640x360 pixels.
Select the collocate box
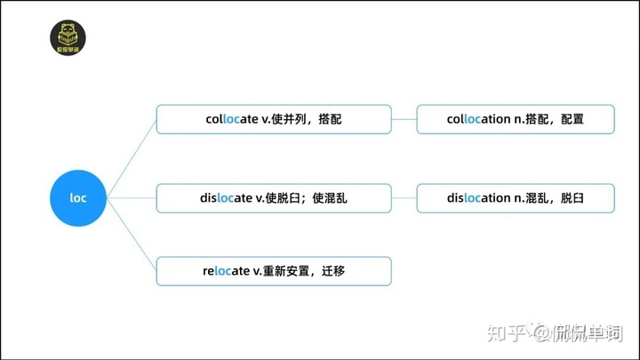274,119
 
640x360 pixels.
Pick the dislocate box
274,197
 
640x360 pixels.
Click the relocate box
274,271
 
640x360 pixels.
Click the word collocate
232,119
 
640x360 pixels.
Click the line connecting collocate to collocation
404,119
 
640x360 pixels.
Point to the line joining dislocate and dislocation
404,197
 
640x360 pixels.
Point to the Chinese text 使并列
284,119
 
